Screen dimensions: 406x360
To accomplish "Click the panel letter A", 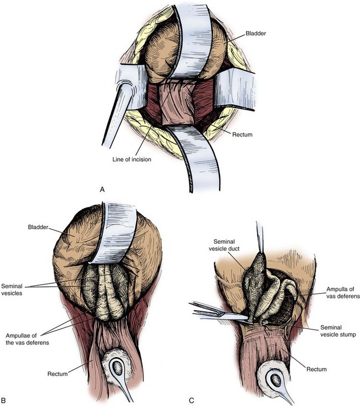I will point(102,189).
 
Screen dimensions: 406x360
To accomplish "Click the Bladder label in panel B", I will point(35,227).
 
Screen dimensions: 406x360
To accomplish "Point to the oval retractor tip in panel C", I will point(275,381).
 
